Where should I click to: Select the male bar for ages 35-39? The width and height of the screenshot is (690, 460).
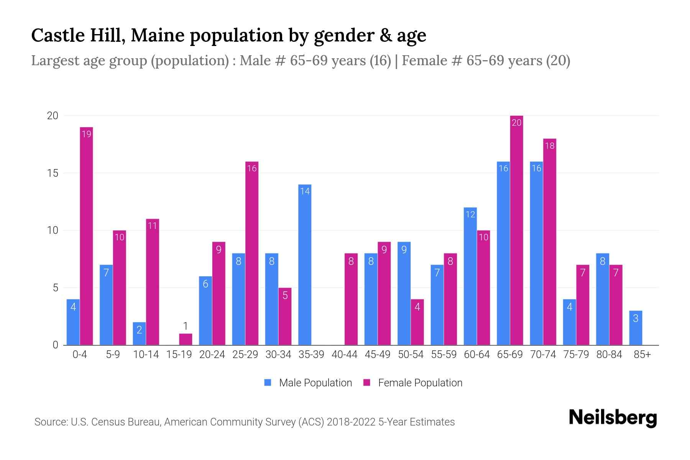pos(305,264)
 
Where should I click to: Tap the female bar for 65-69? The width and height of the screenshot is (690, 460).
pos(516,230)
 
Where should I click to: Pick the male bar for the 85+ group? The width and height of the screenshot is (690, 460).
pos(636,328)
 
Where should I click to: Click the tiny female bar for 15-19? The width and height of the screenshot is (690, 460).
pos(186,339)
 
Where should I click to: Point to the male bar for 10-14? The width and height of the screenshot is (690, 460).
pos(139,333)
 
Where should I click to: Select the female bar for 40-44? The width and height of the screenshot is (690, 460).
pos(351,299)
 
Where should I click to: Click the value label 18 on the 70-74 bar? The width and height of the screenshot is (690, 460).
pos(550,146)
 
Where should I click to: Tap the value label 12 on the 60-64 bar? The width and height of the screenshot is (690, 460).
pos(470,214)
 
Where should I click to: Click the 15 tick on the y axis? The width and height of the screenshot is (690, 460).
pos(53,173)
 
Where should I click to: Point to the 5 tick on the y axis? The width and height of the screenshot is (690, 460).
pos(56,288)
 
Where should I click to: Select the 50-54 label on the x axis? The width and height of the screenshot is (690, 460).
pos(411,355)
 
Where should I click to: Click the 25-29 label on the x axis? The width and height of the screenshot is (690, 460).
pos(245,355)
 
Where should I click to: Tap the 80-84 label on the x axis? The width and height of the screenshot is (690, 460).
pos(609,355)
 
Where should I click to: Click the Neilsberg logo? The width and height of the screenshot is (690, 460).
pos(613,418)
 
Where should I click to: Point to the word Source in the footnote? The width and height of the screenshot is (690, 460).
pos(51,422)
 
